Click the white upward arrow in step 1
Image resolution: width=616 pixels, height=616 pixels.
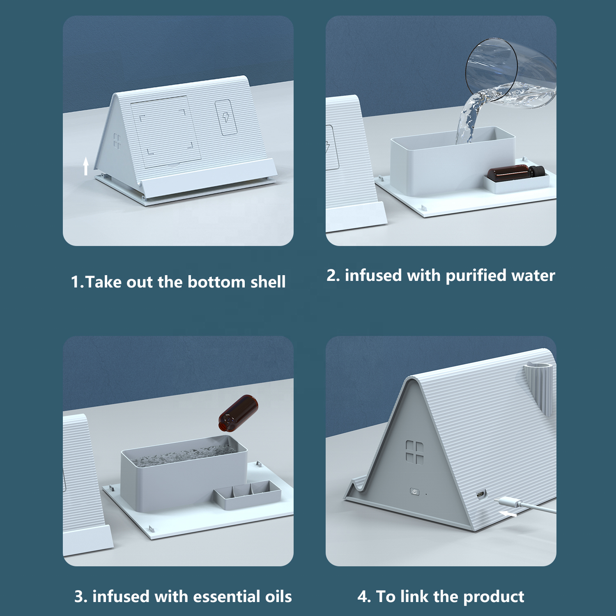tap(86, 166)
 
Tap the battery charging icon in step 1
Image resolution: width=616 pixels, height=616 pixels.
tap(226, 117)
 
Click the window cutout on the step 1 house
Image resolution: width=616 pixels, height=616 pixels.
tap(117, 141)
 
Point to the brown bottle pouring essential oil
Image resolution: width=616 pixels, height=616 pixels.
tap(238, 413)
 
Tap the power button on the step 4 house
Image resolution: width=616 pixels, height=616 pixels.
tap(415, 492)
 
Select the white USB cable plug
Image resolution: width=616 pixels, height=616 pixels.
tap(508, 502)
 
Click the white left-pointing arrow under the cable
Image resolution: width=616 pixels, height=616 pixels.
tap(508, 514)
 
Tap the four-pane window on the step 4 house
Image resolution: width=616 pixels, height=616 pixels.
tap(414, 452)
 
